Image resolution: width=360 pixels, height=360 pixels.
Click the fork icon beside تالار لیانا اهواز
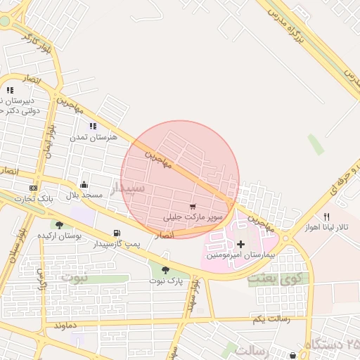click(326, 217)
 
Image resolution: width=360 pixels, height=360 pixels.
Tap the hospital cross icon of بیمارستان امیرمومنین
click(240, 243)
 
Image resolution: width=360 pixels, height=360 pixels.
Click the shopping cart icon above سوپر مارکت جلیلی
click(193, 207)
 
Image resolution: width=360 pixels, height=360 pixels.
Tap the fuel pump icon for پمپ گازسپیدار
click(116, 233)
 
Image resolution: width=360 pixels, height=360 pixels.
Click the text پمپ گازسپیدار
click(117, 243)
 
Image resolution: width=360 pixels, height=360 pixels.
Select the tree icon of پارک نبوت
click(165, 269)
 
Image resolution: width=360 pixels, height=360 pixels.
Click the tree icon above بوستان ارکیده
click(59, 225)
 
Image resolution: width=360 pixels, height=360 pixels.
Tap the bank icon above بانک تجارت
click(33, 188)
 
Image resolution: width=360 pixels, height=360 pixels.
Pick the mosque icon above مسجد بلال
click(84, 184)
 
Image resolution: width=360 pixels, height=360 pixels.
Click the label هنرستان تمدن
click(92, 136)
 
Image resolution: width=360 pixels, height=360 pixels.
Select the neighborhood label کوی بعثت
click(274, 280)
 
